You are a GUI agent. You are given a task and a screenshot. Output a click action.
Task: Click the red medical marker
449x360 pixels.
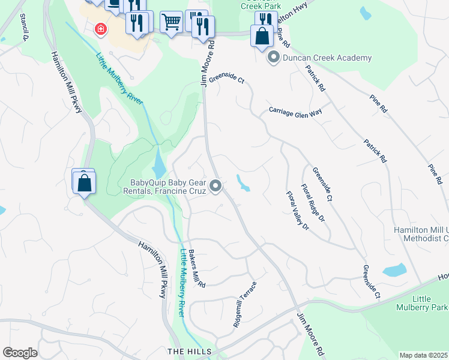(101, 28)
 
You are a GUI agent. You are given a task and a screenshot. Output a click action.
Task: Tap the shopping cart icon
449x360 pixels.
(171, 22)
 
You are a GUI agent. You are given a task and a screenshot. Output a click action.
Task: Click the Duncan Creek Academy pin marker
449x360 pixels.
(274, 58)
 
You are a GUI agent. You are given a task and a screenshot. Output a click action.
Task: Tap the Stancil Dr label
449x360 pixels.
(25, 28)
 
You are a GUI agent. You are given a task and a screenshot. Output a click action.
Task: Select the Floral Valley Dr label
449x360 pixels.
(297, 210)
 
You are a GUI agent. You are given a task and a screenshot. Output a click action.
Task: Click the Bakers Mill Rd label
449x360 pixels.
(197, 268)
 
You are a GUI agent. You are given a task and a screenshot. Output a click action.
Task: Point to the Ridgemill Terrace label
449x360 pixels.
(245, 304)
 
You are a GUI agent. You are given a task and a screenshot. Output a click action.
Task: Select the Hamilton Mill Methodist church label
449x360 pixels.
(421, 234)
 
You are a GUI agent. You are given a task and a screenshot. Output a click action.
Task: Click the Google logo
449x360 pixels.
(20, 353)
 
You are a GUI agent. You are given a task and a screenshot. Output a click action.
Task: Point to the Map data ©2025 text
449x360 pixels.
(423, 355)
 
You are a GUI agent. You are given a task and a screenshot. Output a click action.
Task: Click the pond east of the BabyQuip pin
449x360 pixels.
(243, 182)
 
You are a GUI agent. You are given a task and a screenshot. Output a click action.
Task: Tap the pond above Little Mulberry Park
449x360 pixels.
(394, 270)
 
